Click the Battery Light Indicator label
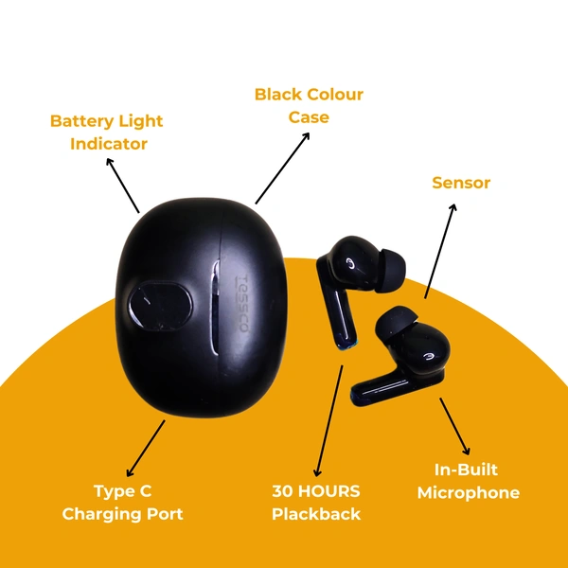106,133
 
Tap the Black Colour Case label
309,106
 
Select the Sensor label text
461,183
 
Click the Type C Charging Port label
122,503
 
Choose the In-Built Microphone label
468,481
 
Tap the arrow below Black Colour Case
282,169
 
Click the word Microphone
468,492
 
